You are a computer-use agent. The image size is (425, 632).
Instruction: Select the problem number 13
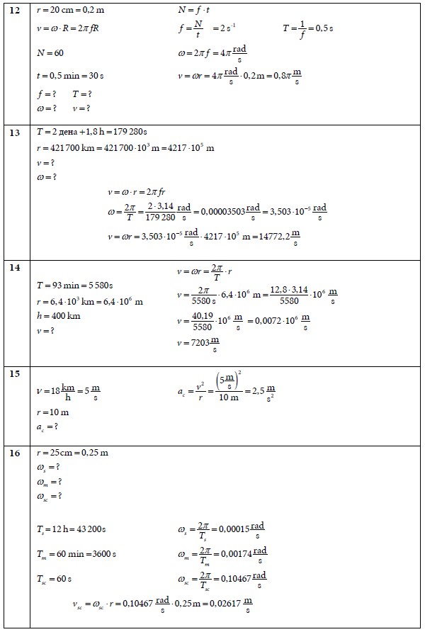pyautogui.click(x=13, y=132)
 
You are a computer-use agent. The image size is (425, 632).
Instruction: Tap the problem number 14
pyautogui.click(x=13, y=268)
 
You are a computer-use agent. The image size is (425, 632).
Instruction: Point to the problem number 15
pyautogui.click(x=13, y=373)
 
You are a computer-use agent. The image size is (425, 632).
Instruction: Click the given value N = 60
pyautogui.click(x=50, y=53)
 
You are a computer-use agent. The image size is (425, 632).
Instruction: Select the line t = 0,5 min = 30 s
pyautogui.click(x=70, y=75)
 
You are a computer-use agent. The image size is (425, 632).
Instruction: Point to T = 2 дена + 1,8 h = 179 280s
pyautogui.click(x=91, y=132)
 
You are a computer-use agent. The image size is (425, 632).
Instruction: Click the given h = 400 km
pyautogui.click(x=58, y=316)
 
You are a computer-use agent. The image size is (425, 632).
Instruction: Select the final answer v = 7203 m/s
pyautogui.click(x=198, y=345)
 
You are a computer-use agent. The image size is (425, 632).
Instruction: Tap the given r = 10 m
pyautogui.click(x=52, y=412)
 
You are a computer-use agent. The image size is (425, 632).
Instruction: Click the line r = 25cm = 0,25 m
pyautogui.click(x=72, y=452)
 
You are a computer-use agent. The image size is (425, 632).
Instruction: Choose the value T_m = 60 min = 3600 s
pyautogui.click(x=76, y=553)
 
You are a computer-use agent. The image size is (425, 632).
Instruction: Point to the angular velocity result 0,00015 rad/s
pyautogui.click(x=245, y=529)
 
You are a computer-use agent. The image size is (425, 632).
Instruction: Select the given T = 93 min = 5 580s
pyautogui.click(x=74, y=286)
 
